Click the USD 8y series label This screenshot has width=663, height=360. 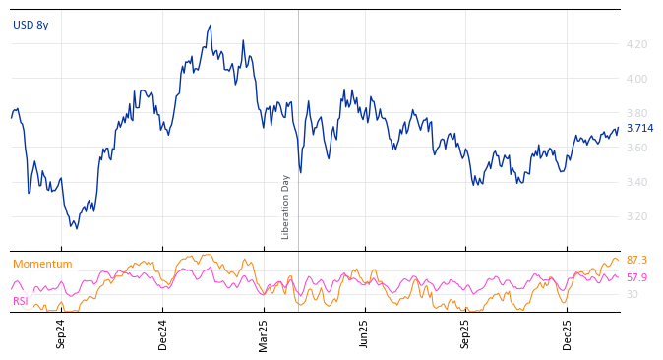(x=30, y=26)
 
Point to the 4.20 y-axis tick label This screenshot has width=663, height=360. (x=636, y=44)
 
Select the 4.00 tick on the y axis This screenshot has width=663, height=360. (x=636, y=79)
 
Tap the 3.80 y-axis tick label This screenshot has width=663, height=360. (x=636, y=113)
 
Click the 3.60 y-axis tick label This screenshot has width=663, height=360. (x=636, y=148)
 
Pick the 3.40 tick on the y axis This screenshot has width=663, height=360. (x=636, y=182)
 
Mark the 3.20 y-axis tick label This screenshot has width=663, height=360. (x=636, y=216)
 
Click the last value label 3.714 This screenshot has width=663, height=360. (x=639, y=129)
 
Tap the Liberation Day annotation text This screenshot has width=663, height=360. (x=286, y=207)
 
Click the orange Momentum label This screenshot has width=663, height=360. (x=42, y=265)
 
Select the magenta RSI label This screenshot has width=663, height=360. (x=20, y=301)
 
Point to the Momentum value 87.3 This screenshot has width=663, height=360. (x=636, y=261)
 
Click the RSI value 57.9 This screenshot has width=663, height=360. (x=636, y=278)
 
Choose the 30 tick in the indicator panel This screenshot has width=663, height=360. (x=633, y=294)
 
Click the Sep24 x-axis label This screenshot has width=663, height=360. (x=61, y=333)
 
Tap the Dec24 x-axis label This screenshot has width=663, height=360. (x=163, y=333)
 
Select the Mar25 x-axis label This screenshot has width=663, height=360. (x=264, y=333)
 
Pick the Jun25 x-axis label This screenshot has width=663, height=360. (x=364, y=333)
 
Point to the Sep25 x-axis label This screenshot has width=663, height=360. (x=465, y=333)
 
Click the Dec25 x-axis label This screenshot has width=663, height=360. (x=568, y=333)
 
